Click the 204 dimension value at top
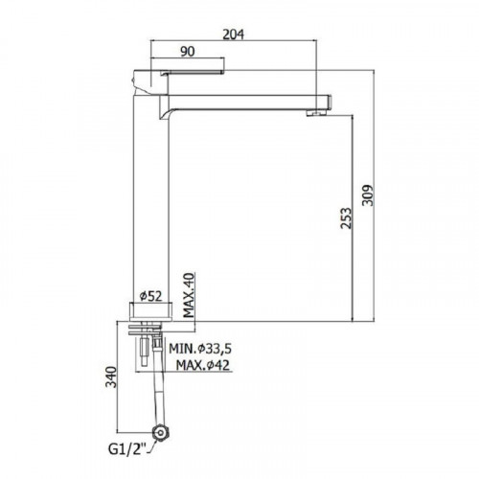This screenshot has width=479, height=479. (x=233, y=34)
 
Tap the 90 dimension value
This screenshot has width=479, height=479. (x=188, y=51)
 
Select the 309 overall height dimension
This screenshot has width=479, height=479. (x=368, y=195)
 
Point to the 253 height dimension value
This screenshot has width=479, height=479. (x=346, y=218)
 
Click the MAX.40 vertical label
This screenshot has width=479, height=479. (x=189, y=295)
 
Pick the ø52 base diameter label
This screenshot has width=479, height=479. (x=151, y=296)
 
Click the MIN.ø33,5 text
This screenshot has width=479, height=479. (x=200, y=349)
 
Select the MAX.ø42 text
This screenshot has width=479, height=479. (x=203, y=364)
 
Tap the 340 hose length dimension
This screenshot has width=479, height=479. (x=111, y=376)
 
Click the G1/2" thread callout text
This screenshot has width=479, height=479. (x=127, y=449)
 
